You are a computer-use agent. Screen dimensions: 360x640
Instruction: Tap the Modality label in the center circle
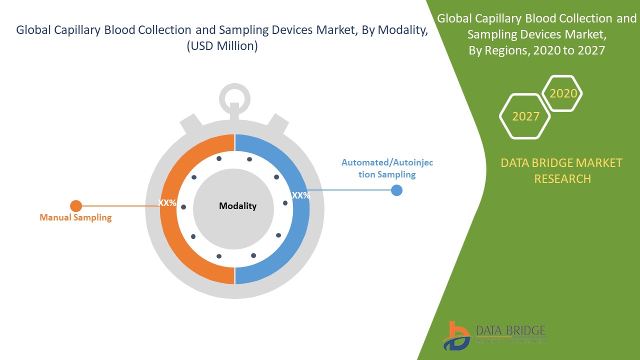pyautogui.click(x=237, y=206)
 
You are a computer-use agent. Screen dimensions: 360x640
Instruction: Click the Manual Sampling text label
pyautogui.click(x=75, y=217)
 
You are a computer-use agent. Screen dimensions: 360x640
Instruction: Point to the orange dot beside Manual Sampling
pyautogui.click(x=75, y=205)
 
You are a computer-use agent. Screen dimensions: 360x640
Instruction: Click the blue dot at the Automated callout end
pyautogui.click(x=396, y=190)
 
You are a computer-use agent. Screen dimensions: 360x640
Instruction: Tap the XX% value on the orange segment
pyautogui.click(x=167, y=203)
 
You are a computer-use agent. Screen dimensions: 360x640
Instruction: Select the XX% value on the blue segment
pyautogui.click(x=301, y=195)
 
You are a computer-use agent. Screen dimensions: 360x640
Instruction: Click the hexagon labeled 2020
pyautogui.click(x=563, y=93)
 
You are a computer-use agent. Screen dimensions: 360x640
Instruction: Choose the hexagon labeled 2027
pyautogui.click(x=525, y=116)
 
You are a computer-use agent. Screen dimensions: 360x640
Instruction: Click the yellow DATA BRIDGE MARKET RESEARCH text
pyautogui.click(x=562, y=170)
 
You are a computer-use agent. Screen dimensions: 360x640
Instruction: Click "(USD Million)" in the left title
pyautogui.click(x=222, y=46)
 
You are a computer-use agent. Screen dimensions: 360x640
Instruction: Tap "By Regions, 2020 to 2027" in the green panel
pyautogui.click(x=536, y=50)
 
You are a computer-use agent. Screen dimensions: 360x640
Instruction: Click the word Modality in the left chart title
pyautogui.click(x=402, y=30)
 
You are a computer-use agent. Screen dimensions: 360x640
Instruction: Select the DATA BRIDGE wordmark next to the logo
pyautogui.click(x=511, y=330)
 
